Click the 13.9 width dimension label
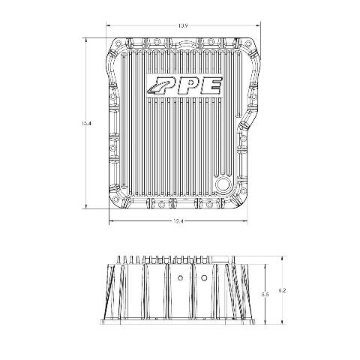tap(183, 25)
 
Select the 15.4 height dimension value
tap(85, 123)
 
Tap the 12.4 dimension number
tap(178, 220)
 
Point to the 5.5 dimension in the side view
tap(265, 295)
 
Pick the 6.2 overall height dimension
tap(282, 291)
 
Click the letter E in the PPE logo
tap(211, 86)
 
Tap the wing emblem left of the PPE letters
tap(154, 86)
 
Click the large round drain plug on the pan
tap(222, 184)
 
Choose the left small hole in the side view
tap(180, 277)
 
